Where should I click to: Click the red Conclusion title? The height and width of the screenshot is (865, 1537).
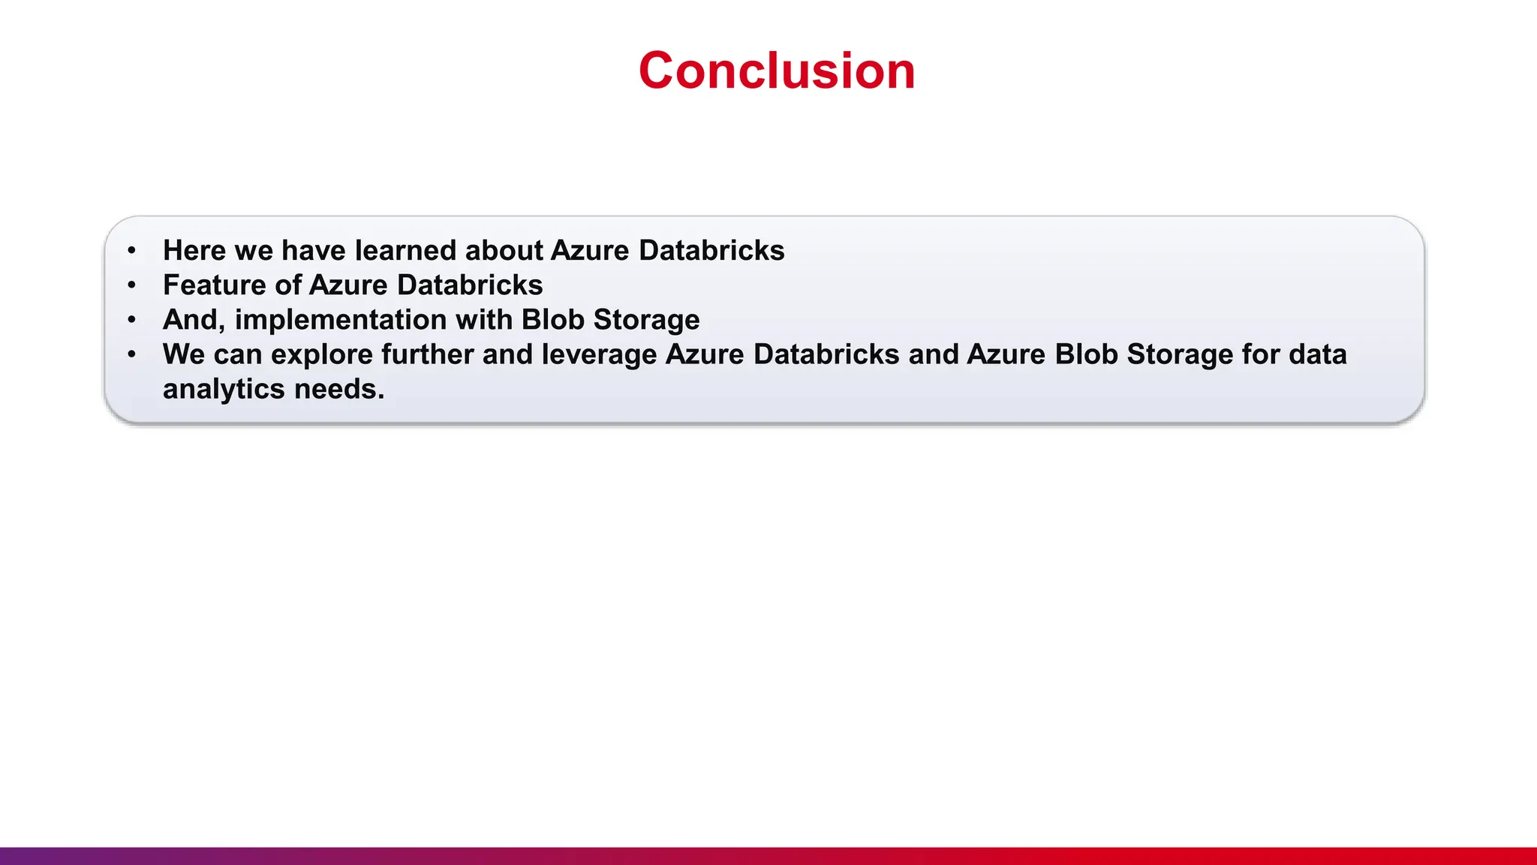(x=777, y=71)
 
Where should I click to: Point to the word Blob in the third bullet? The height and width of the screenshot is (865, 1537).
(x=553, y=319)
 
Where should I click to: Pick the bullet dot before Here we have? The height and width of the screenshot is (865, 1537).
(x=132, y=251)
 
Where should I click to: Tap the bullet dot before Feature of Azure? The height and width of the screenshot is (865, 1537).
(x=132, y=285)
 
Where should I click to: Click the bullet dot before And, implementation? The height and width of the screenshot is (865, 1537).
(x=132, y=320)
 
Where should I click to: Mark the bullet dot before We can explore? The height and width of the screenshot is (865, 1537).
(x=132, y=354)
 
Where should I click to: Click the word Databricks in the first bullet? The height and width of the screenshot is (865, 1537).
(x=711, y=250)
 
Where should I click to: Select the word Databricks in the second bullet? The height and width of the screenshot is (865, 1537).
(x=470, y=285)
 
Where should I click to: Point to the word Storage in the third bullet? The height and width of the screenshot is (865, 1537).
(x=646, y=320)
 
